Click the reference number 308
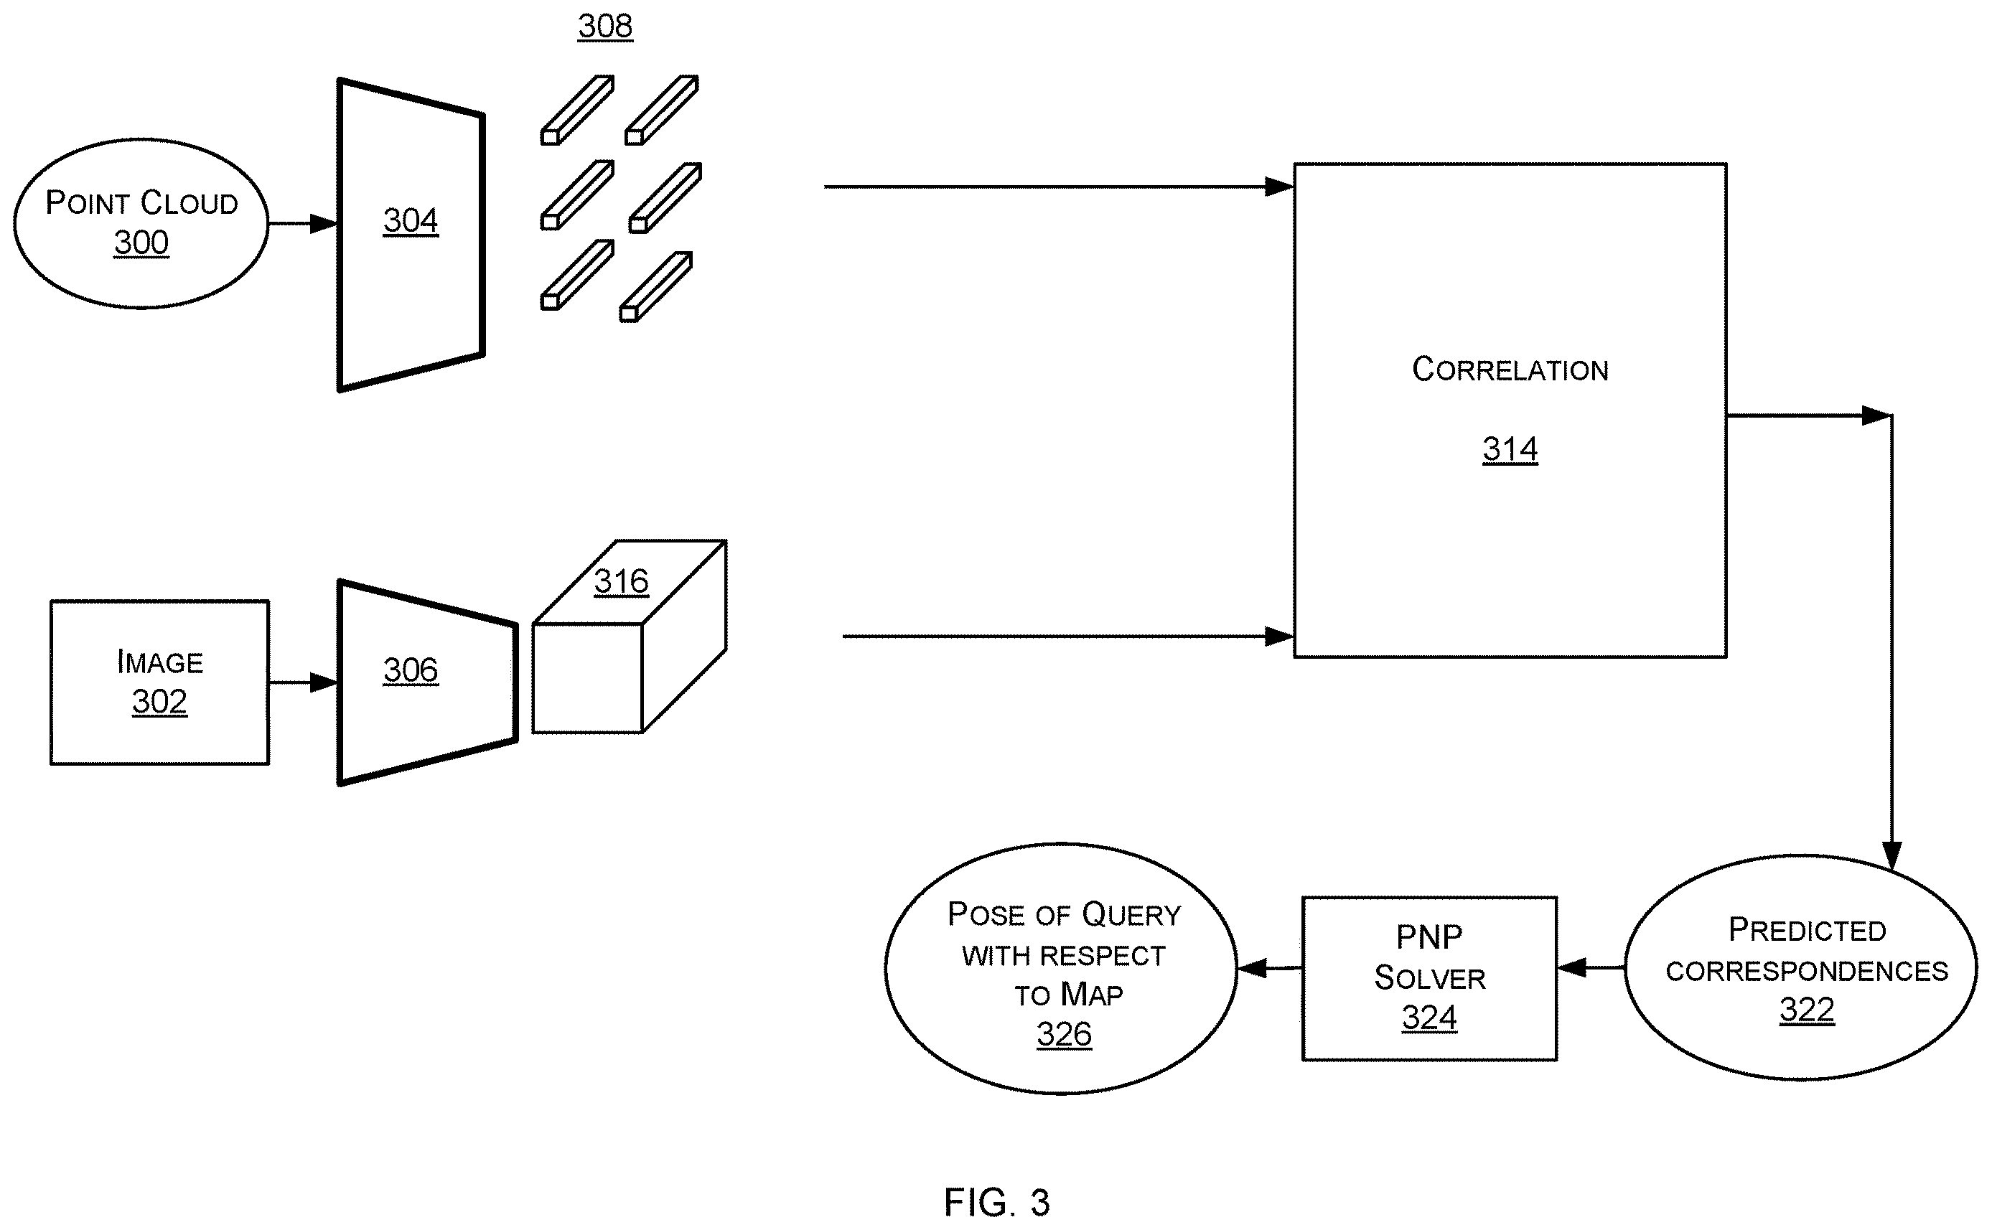(604, 26)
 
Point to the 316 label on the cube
(621, 582)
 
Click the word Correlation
(1510, 370)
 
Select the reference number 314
(1510, 449)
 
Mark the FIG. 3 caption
(997, 1201)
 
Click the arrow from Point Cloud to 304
(303, 223)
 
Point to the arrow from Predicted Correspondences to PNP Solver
(1591, 968)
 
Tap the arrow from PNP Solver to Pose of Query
(1269, 968)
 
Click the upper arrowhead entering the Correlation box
(1279, 187)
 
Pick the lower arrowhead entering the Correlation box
(1279, 636)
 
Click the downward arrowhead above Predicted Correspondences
(1892, 857)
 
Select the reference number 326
(1065, 1035)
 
